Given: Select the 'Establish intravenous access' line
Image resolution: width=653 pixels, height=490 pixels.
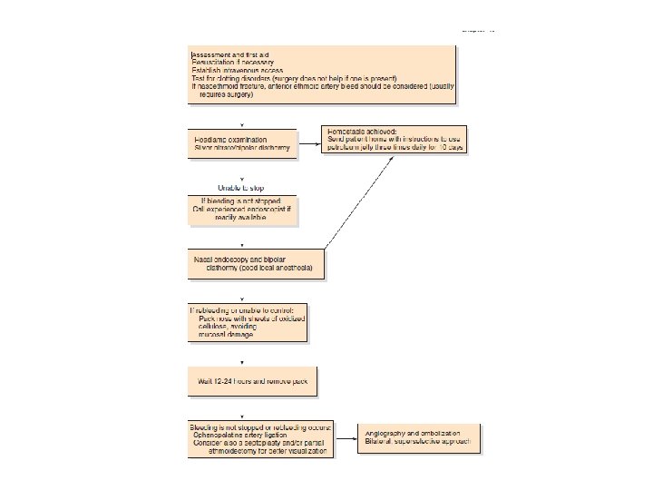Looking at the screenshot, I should (238, 69).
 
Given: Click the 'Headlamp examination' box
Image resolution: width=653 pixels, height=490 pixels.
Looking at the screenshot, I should (241, 142).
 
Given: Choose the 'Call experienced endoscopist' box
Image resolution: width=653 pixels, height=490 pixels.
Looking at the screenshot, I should (241, 209).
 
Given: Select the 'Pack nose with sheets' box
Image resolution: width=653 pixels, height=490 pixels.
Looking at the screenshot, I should (247, 321).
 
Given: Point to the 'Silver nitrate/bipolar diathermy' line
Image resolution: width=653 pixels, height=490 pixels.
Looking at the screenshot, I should (243, 148).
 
